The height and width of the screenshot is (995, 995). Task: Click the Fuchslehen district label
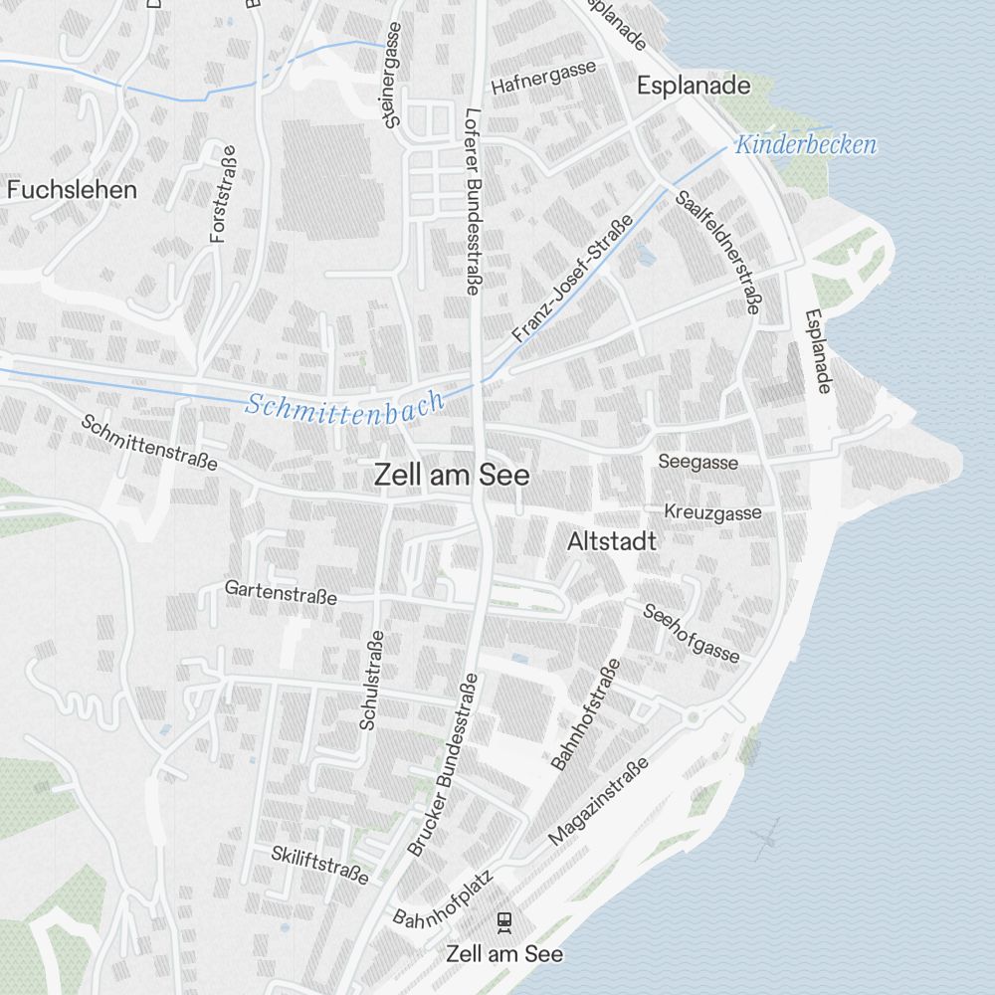coord(72,189)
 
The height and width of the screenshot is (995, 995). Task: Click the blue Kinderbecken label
coord(806,145)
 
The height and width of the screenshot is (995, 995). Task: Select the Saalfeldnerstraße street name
coord(716,253)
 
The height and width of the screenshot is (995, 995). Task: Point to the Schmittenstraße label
coord(149,443)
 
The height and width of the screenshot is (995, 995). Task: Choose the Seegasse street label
coord(698,462)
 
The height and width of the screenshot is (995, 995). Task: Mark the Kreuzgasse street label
coord(712,512)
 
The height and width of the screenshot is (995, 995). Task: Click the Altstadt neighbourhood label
coord(612,542)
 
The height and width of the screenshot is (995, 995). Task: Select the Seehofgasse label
coord(692,633)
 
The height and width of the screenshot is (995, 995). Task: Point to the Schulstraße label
coord(371,681)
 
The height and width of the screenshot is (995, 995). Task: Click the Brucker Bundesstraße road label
coord(444,764)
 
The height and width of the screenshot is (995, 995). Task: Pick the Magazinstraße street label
coord(598,802)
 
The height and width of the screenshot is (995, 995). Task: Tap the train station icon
coord(505,922)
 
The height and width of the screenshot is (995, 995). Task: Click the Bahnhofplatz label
coord(444,902)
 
